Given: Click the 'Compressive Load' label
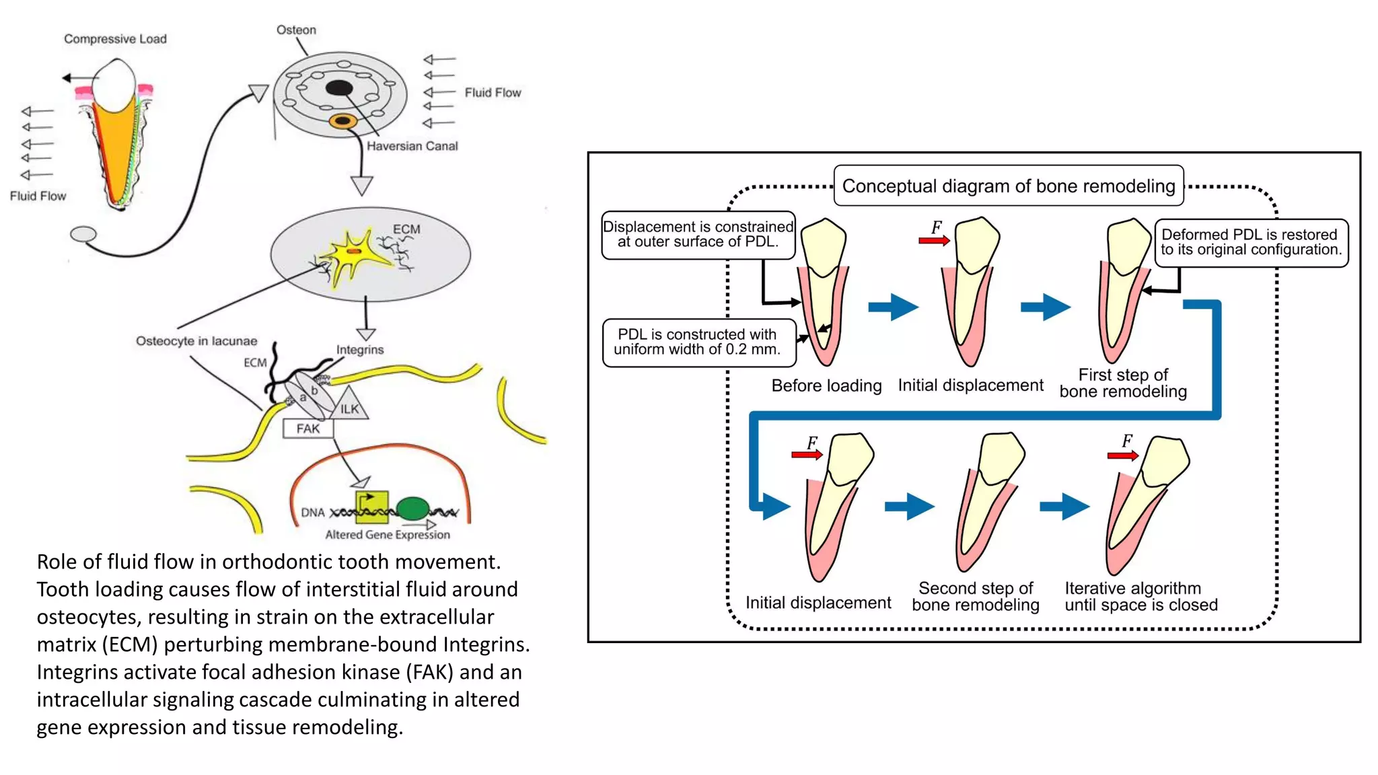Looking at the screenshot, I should coord(115,39).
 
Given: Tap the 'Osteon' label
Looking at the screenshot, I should coord(296,30).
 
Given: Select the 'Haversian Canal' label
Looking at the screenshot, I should coord(412,146).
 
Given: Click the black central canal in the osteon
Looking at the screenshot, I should coord(339,88).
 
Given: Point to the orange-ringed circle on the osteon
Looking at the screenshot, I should coord(343,121).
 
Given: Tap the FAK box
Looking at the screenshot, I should coord(308,429).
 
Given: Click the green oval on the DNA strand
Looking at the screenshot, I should coord(412,509).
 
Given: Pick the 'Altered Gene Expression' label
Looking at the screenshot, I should coord(388,535).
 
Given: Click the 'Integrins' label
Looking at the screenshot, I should coord(360,350).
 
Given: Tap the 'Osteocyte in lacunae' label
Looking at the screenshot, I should coord(196,341).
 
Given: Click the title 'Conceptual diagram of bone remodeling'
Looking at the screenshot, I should coord(1008,186).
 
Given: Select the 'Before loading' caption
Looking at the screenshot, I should coord(826,385).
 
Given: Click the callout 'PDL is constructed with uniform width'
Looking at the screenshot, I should coord(697,342).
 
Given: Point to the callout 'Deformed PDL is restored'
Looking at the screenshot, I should coord(1251,242).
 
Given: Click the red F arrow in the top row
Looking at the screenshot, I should coord(934,240).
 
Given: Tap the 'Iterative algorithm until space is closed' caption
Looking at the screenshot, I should coord(1140,597).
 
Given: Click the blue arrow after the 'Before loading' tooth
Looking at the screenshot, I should coord(893,307).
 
